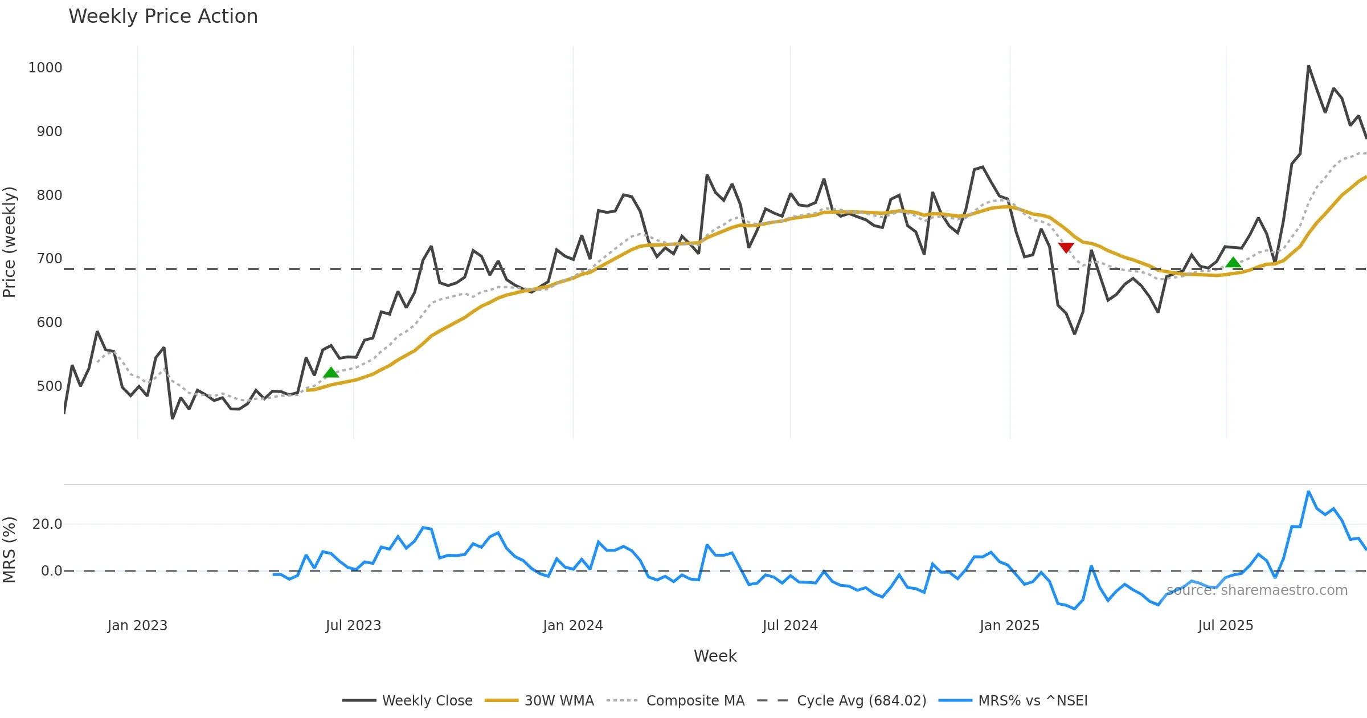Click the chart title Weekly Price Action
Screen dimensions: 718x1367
point(163,17)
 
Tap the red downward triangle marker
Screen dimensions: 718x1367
point(1066,247)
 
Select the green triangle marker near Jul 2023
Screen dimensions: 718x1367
point(331,373)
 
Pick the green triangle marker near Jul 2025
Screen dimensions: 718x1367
point(1233,262)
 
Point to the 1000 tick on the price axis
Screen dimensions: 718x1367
point(45,68)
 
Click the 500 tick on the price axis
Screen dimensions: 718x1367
point(49,386)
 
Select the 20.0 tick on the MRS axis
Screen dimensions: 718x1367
point(47,524)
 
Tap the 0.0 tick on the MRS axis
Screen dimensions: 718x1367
point(51,571)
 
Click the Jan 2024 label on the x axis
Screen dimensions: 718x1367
point(572,626)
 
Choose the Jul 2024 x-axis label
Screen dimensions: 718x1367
point(790,626)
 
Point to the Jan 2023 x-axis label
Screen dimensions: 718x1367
point(137,626)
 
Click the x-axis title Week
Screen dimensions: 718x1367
point(715,656)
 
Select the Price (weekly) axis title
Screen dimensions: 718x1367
point(10,242)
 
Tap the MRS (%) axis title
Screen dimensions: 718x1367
point(10,549)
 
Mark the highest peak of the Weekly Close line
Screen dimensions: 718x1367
point(1308,66)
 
